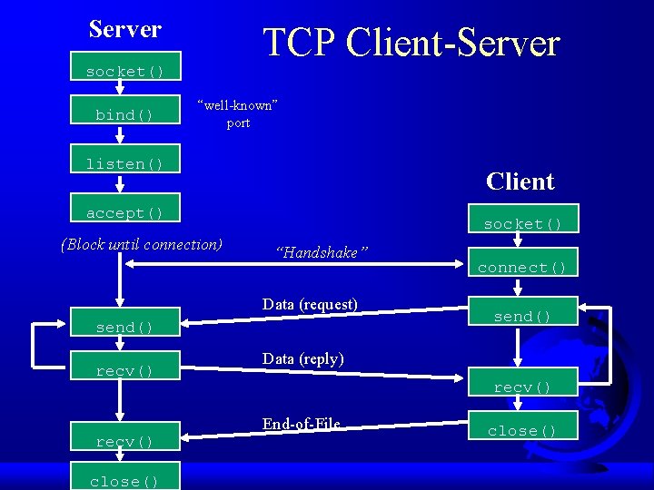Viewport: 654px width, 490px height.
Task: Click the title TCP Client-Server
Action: tap(411, 43)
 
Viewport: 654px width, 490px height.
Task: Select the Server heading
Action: tap(125, 29)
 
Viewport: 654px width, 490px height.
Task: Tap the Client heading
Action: tap(520, 181)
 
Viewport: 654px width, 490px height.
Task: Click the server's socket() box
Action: tap(125, 71)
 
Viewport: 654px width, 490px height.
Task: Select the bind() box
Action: tap(125, 115)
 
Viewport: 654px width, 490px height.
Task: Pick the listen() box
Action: tap(125, 163)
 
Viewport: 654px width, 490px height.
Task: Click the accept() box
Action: tap(125, 212)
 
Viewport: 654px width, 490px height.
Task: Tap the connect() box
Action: tap(522, 267)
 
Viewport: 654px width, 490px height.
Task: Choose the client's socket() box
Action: tap(522, 223)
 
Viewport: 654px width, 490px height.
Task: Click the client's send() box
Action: tap(522, 316)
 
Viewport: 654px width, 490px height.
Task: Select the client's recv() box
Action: tap(522, 387)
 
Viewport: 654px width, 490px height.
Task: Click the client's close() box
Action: tap(522, 430)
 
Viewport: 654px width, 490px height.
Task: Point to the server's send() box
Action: tap(125, 327)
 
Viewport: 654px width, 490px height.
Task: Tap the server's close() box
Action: tap(125, 481)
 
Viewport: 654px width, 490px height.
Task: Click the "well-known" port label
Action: tap(237, 113)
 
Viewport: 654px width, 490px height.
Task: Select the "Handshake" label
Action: tap(321, 253)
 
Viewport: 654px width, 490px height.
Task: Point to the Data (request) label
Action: tap(310, 304)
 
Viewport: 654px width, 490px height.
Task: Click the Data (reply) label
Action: tap(302, 358)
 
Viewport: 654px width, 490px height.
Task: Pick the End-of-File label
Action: tap(301, 424)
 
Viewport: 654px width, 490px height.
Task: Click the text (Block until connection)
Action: tap(141, 243)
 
